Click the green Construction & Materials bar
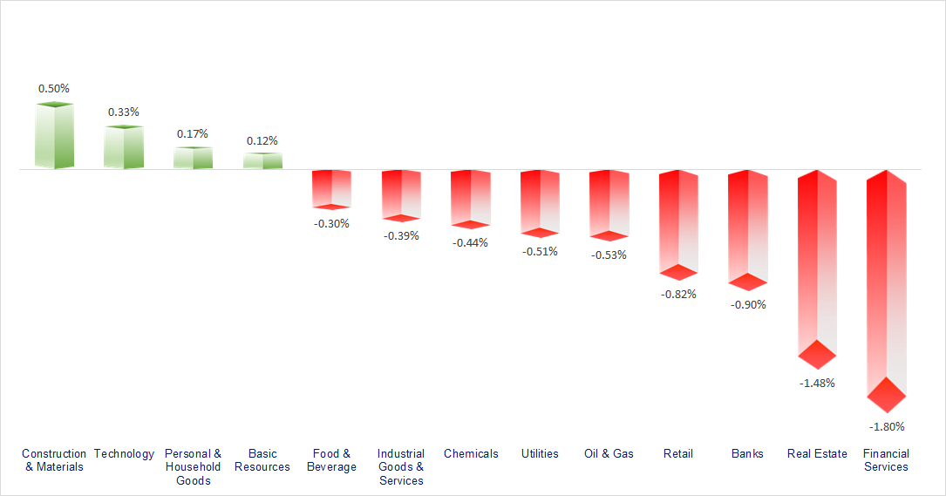point(54,136)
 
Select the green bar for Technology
point(123,147)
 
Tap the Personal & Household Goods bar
point(193,158)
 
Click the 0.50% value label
point(54,89)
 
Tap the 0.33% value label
point(123,112)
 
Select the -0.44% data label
point(471,243)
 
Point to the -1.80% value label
point(887,427)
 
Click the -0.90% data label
point(748,305)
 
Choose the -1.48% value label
point(817,384)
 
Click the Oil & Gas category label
point(609,453)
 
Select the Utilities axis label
point(540,453)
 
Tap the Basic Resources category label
point(262,460)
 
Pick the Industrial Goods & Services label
point(401,467)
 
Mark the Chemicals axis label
point(471,453)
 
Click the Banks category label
point(748,453)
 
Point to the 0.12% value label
point(262,141)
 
